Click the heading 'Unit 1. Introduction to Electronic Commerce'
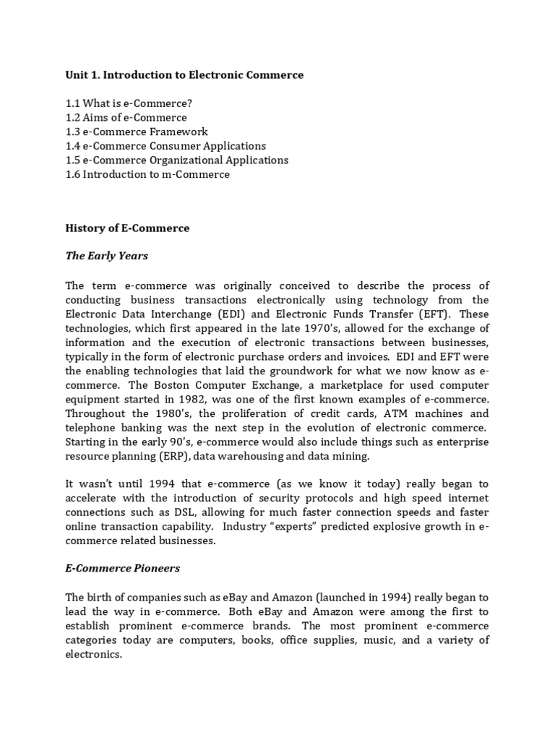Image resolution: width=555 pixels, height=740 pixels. coord(184,75)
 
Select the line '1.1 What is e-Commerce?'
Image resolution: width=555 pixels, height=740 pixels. coord(129,103)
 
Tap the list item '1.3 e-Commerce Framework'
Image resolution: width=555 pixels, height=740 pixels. coord(137,132)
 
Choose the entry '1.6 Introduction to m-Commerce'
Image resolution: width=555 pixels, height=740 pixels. coord(147,174)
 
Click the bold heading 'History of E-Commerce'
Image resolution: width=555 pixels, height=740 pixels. coord(127,228)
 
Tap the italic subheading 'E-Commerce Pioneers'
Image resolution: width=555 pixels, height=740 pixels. coord(122,568)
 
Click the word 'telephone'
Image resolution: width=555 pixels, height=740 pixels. coord(92,429)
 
